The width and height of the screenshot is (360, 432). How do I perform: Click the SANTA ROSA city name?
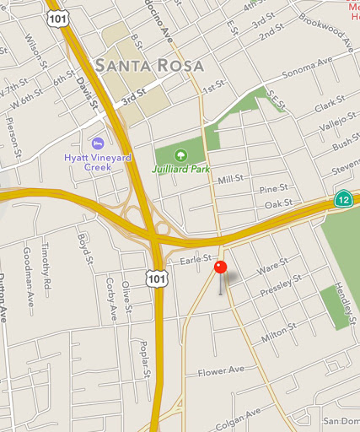[x=150, y=66]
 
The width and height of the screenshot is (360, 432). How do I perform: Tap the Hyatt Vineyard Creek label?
[x=99, y=162]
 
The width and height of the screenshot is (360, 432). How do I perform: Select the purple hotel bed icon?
[x=98, y=143]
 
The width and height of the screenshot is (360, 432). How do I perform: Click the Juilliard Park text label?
[x=180, y=169]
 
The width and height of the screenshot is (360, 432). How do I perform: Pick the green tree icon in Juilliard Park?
[x=180, y=154]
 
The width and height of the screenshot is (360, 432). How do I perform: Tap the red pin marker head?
[x=221, y=267]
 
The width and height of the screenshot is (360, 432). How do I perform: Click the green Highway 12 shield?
[x=343, y=199]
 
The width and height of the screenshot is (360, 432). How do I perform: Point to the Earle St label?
[x=194, y=262]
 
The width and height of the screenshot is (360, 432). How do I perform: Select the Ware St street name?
[x=267, y=269]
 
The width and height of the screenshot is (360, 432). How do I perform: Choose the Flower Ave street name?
[x=220, y=370]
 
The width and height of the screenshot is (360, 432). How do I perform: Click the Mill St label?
[x=230, y=179]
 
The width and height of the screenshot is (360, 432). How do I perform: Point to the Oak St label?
[x=277, y=204]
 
